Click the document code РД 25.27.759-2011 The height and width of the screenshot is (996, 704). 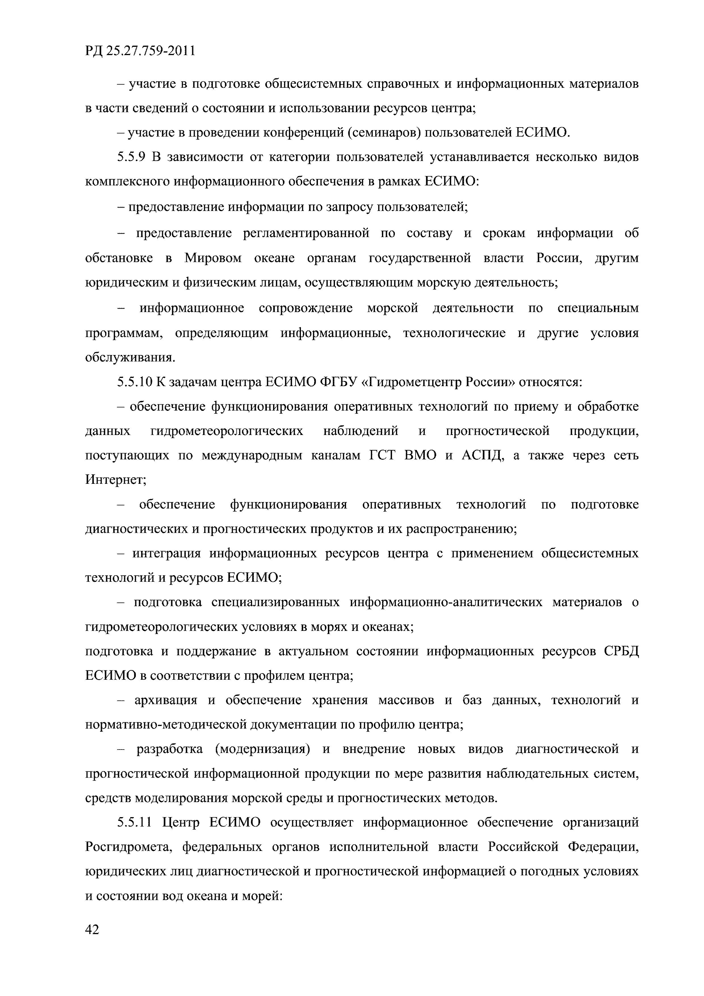click(x=140, y=51)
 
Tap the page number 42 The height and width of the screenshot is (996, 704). click(x=92, y=930)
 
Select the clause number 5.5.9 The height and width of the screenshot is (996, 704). click(x=131, y=157)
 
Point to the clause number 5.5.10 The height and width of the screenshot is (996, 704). click(x=135, y=382)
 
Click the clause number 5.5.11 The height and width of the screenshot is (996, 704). click(x=135, y=822)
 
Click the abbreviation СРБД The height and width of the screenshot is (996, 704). click(x=621, y=652)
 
